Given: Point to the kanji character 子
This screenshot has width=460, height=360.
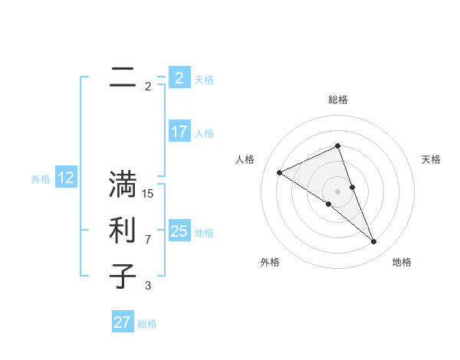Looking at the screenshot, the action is tap(123, 276).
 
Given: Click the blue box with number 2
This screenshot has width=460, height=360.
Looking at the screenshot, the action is tap(179, 78).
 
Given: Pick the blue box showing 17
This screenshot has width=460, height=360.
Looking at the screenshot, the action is tap(179, 132).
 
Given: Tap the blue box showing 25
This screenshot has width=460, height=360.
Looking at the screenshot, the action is tap(179, 231).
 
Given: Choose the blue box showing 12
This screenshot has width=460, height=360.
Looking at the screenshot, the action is tap(66, 178).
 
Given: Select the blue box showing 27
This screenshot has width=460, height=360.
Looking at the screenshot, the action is tap(123, 322).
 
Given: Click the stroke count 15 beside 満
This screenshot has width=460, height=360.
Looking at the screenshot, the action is tap(148, 194).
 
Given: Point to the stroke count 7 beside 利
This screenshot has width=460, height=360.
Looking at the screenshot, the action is tap(148, 240).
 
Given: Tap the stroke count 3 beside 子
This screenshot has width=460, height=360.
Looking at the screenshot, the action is tap(148, 286).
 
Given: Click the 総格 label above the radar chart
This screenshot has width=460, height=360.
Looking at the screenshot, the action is tap(337, 100).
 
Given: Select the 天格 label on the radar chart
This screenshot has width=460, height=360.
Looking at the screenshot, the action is tap(431, 159).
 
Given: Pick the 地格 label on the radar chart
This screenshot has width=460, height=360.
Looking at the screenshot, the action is tap(402, 262).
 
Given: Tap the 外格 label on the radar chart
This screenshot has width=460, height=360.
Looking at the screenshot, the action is tap(270, 262).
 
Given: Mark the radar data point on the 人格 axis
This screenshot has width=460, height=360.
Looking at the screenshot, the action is tap(279, 172).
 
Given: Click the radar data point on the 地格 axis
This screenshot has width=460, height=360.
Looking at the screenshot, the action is tap(374, 242).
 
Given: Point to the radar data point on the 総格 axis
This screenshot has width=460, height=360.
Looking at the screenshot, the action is tap(337, 146).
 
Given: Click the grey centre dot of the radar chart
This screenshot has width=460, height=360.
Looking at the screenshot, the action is tap(337, 191).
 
